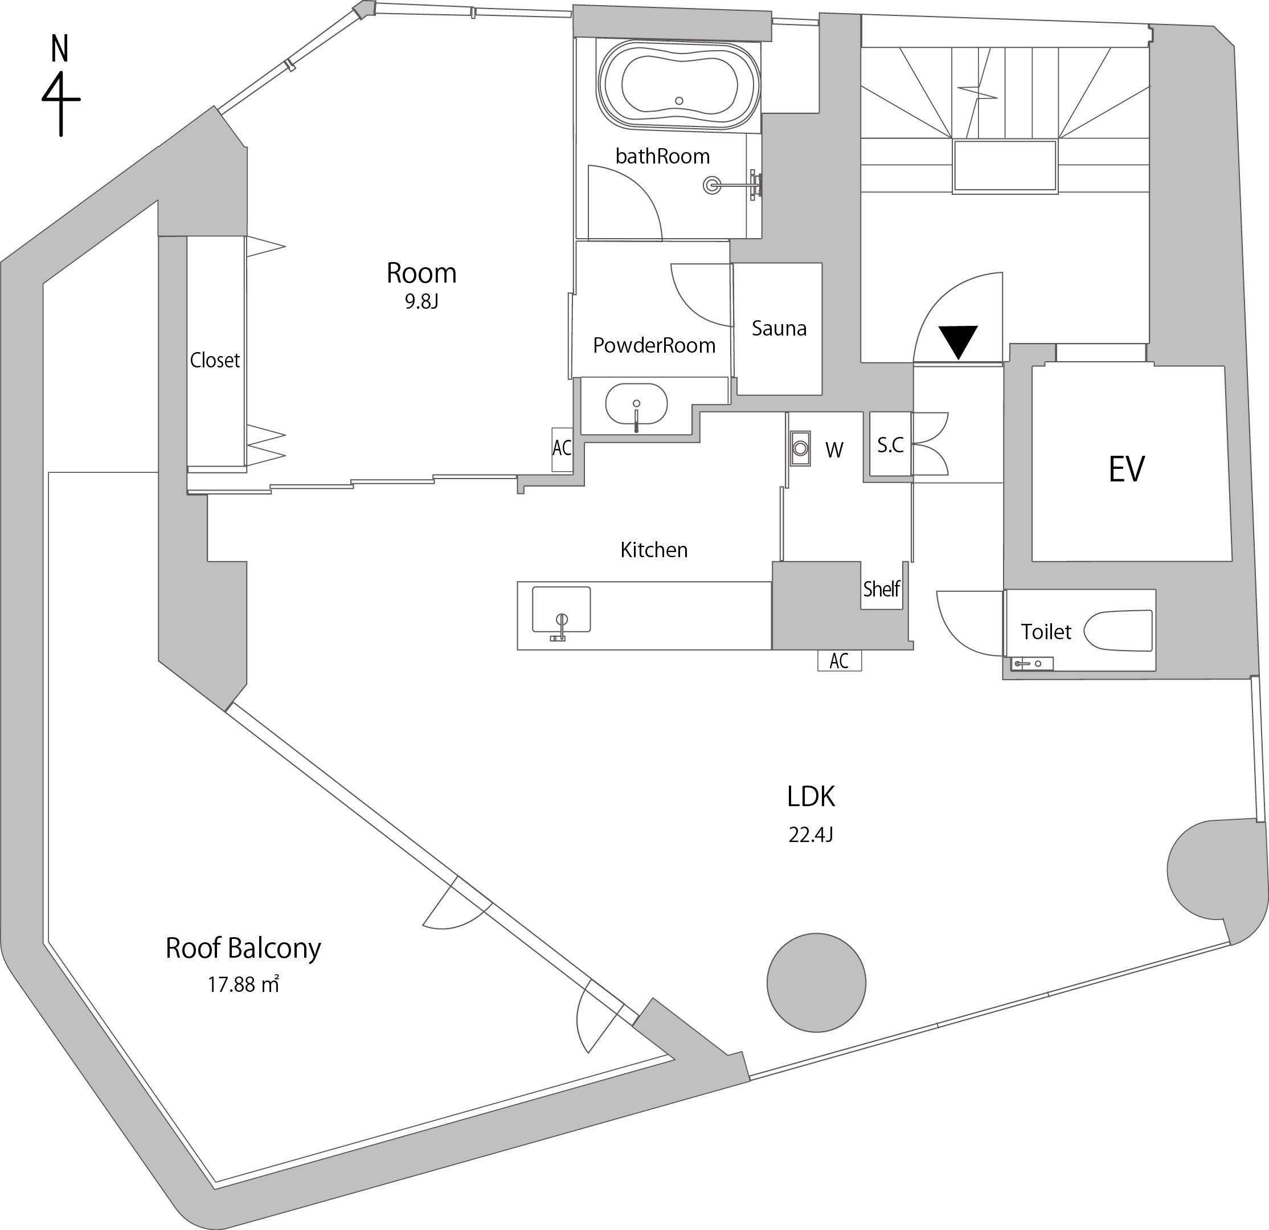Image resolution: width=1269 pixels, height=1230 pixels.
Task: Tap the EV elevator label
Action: (x=1127, y=469)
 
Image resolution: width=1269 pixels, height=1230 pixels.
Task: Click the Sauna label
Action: (x=779, y=328)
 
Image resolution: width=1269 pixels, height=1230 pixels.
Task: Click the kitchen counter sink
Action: (x=562, y=609)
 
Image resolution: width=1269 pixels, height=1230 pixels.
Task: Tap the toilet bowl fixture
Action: (x=1118, y=630)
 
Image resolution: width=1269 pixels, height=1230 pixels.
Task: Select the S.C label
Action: (x=890, y=444)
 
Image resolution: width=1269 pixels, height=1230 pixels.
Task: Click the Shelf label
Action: (x=881, y=589)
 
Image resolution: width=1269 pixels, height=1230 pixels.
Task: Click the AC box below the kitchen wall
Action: (x=839, y=661)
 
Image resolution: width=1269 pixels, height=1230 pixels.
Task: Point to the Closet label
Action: (x=214, y=360)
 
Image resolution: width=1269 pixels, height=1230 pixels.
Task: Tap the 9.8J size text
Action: (x=421, y=302)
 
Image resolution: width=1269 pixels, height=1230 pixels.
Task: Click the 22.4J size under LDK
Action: (x=810, y=835)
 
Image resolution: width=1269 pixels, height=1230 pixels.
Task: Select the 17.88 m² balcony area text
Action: (x=243, y=985)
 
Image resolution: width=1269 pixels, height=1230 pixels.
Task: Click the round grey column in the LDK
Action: (x=816, y=983)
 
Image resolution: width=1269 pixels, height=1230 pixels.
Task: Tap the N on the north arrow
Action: (x=60, y=48)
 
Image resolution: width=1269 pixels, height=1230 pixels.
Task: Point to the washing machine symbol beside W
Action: (x=800, y=448)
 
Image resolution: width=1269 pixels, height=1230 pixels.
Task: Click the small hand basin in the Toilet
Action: (x=1032, y=663)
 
